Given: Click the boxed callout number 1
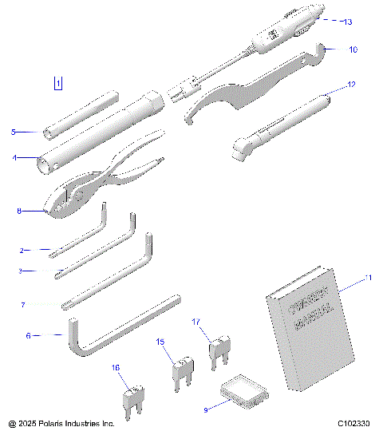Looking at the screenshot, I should tap(57, 82).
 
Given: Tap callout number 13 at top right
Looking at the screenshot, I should tap(347, 22).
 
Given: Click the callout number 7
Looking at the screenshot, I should tap(23, 304).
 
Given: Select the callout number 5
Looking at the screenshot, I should tap(13, 132).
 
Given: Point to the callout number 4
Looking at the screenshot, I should tap(14, 157).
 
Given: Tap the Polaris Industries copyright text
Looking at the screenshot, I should tap(61, 422).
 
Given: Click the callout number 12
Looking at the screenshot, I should tap(351, 84).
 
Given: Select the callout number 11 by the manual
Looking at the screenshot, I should tap(368, 278).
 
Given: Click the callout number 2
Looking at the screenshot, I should tap(22, 250).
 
